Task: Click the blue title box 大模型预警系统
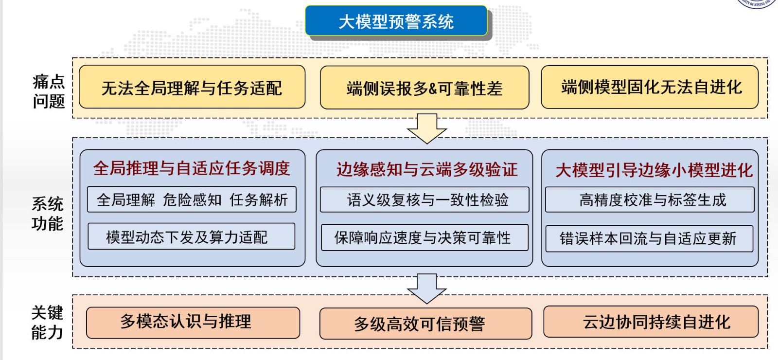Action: click(x=396, y=21)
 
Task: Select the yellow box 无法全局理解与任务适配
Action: click(x=192, y=87)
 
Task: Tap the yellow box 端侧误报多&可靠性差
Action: click(x=424, y=88)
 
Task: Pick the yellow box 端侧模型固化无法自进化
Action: click(x=650, y=87)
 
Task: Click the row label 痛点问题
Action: click(x=48, y=91)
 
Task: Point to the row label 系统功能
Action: click(x=47, y=213)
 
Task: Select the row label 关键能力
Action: click(x=47, y=322)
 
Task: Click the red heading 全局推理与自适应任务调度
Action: click(x=192, y=168)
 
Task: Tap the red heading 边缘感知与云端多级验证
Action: click(x=426, y=169)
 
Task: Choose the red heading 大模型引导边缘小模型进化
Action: click(x=654, y=170)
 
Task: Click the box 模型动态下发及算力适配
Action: click(x=191, y=237)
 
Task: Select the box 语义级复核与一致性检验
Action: click(x=424, y=200)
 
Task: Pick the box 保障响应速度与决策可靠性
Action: click(x=424, y=237)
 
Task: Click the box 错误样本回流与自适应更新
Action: click(x=649, y=238)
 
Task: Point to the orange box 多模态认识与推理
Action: click(x=193, y=322)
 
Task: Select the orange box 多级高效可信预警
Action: click(x=425, y=324)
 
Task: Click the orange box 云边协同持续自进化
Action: click(x=651, y=322)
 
